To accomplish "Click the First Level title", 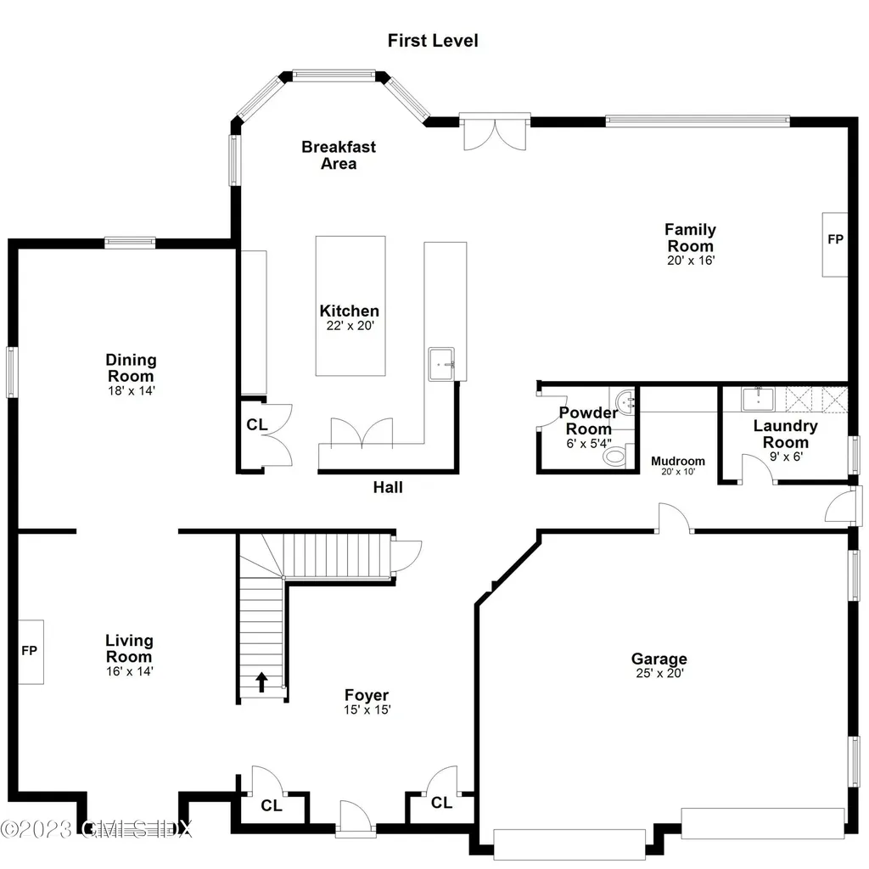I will tap(433, 40).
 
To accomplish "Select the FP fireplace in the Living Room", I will tap(31, 652).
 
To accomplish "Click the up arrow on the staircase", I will tap(261, 681).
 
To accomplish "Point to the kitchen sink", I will tap(442, 364).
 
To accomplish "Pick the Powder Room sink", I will tap(626, 400).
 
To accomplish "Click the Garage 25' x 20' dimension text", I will tap(659, 674).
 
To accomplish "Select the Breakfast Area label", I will tap(338, 154).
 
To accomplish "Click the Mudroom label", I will tap(677, 461).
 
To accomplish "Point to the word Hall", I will tap(388, 487).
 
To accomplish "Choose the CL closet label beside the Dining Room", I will tap(257, 424).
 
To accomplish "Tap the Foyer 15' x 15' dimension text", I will tap(367, 710).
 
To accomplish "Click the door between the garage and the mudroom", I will tap(675, 519).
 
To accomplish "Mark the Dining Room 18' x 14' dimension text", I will tap(131, 390).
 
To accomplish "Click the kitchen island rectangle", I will tap(350, 306).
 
